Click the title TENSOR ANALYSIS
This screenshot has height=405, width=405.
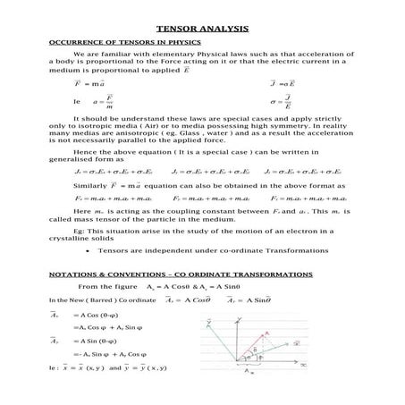pyautogui.click(x=202, y=29)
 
